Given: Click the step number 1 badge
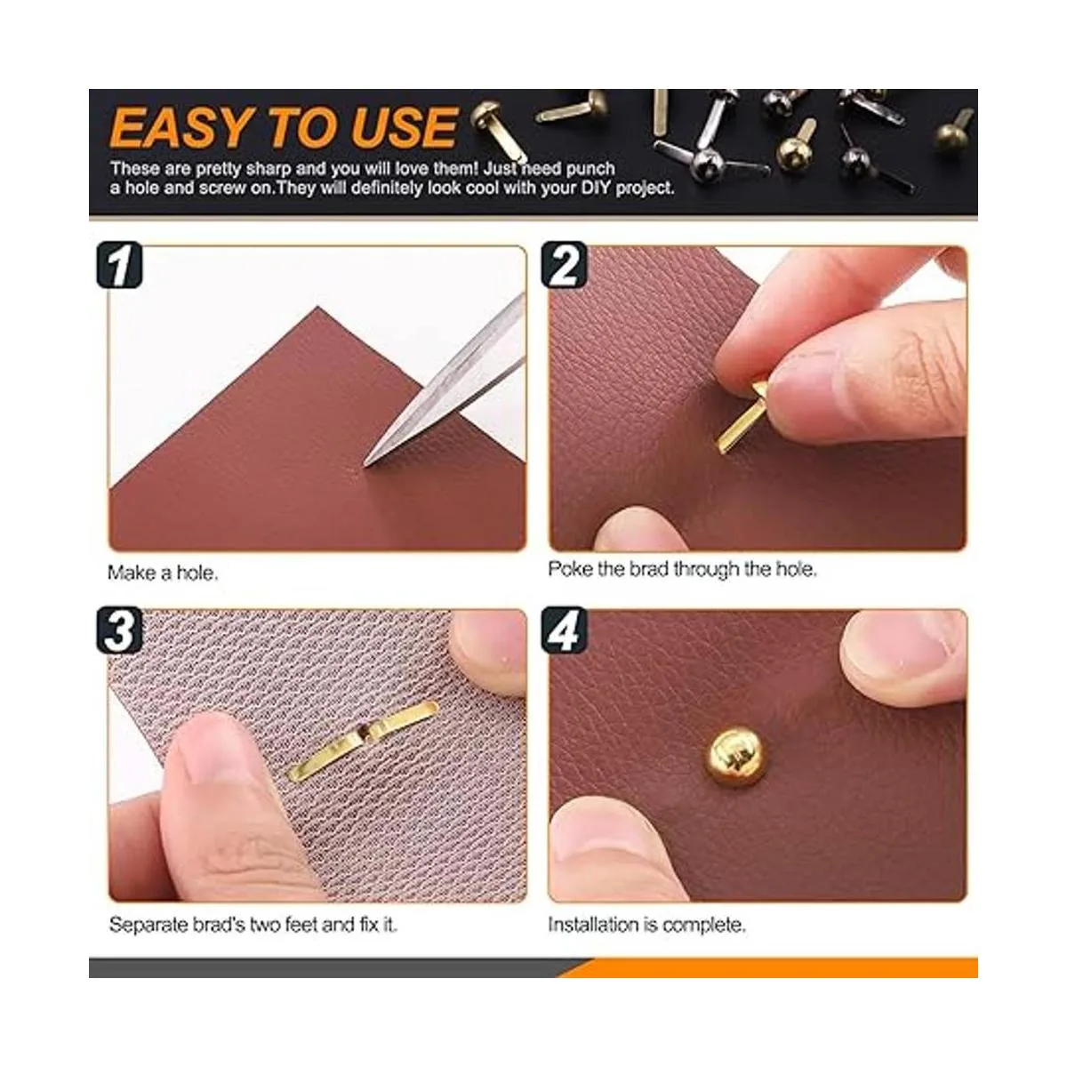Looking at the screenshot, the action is click(x=120, y=265).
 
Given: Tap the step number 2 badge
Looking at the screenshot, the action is click(x=564, y=265).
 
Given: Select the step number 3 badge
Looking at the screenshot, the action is click(x=120, y=630).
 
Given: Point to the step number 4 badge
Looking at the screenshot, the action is click(x=564, y=630).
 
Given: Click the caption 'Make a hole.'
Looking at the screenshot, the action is click(x=163, y=573).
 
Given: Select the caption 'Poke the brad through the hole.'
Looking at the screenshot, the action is click(x=682, y=569).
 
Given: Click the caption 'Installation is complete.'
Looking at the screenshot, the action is click(x=646, y=925).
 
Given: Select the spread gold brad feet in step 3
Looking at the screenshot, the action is click(x=363, y=741).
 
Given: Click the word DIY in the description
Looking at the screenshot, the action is click(x=597, y=188).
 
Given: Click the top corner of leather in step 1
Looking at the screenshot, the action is click(x=317, y=306).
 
